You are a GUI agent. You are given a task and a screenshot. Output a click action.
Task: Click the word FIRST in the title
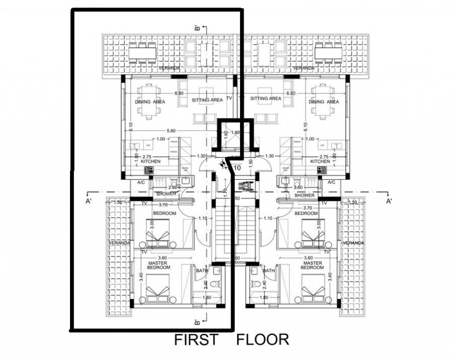click(196, 340)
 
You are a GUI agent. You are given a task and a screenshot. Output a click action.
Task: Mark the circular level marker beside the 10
click(223, 163)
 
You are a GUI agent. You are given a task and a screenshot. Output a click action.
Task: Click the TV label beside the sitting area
click(230, 99)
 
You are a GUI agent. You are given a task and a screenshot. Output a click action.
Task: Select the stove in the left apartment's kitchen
click(148, 170)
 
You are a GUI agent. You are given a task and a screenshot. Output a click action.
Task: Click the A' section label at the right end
click(389, 201)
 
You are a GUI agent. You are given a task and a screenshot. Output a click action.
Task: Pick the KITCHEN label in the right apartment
click(320, 161)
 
